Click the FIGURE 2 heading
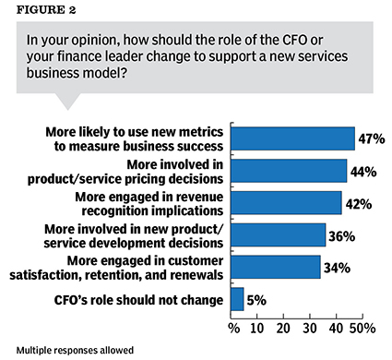[x=40, y=12]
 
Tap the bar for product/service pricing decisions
[x=289, y=171]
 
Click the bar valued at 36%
[x=278, y=234]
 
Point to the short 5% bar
[x=237, y=299]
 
